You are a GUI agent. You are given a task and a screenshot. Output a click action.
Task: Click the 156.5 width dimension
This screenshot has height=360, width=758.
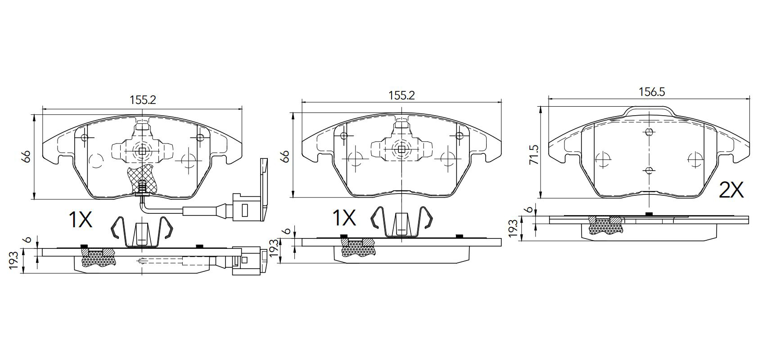click(x=647, y=92)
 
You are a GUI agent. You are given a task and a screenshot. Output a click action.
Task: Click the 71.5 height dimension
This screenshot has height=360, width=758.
click(x=534, y=155)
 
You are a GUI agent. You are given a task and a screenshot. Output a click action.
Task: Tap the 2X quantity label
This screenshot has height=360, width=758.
click(x=731, y=190)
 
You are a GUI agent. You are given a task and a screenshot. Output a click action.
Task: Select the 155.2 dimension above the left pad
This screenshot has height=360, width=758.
click(x=143, y=100)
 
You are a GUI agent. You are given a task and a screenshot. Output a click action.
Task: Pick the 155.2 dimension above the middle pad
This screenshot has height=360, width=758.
click(x=402, y=95)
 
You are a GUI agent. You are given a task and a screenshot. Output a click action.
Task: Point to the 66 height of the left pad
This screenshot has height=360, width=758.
click(x=27, y=156)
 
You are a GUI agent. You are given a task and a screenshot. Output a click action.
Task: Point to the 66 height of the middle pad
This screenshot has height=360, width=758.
click(x=286, y=156)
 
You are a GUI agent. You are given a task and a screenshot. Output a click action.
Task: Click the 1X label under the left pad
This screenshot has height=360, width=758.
click(x=80, y=219)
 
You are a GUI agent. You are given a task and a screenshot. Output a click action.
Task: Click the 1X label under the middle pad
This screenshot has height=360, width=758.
click(x=344, y=217)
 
